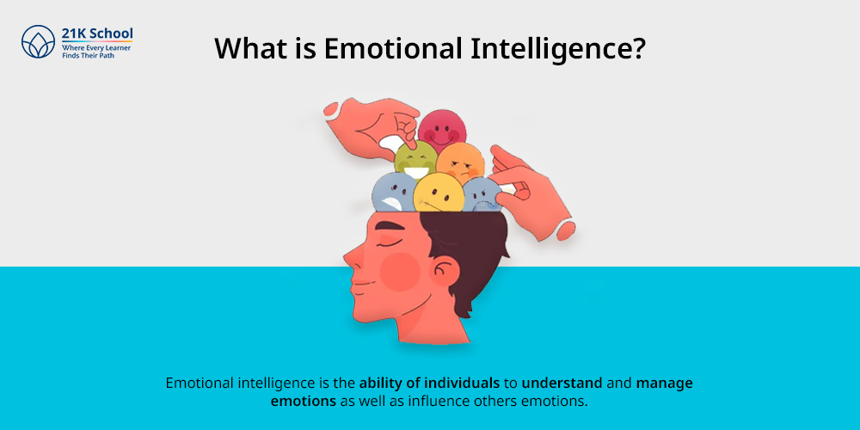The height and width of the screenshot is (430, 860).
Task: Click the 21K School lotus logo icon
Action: pos(39,41)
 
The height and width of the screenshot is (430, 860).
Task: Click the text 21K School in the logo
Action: pos(97,34)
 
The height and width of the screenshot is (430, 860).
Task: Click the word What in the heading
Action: pos(251,48)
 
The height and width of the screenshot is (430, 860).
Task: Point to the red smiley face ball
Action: pos(442,132)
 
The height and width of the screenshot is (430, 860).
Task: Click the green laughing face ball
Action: pos(415,161)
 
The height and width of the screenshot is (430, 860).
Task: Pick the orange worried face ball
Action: pos(461,163)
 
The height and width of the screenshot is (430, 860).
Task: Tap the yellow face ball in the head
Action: pos(439,193)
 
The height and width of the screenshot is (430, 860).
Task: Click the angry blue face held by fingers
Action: pos(482,194)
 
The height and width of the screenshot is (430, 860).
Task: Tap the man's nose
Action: pos(351,256)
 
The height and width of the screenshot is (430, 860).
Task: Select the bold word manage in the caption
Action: pos(664,384)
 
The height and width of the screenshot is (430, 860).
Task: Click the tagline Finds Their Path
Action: pos(88,55)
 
